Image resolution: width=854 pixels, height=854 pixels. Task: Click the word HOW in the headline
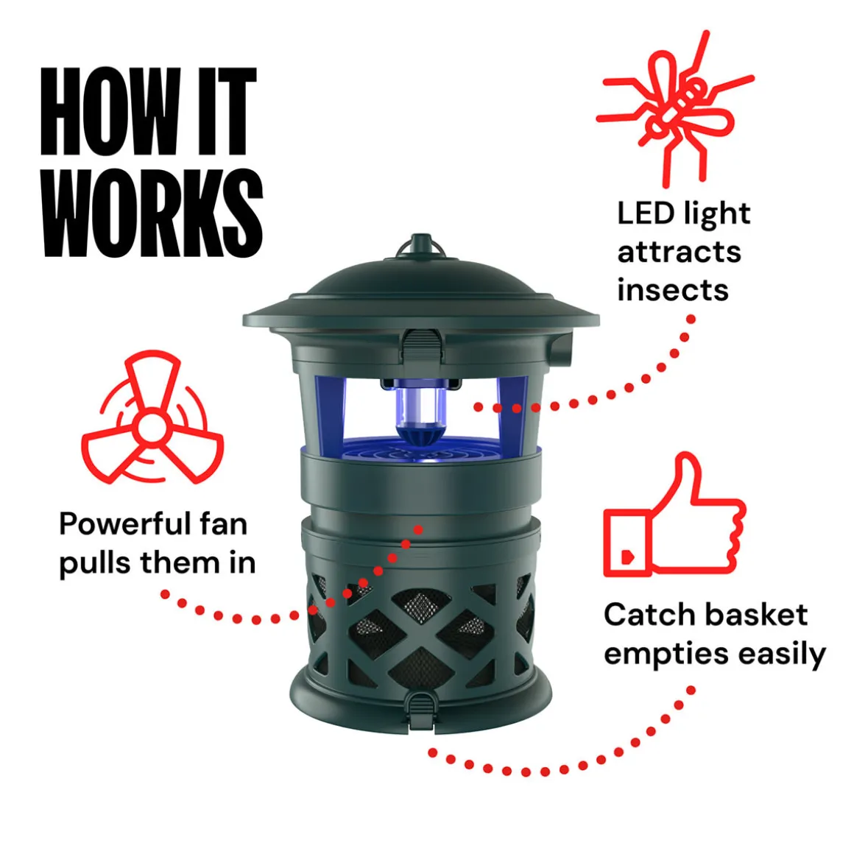coord(111,111)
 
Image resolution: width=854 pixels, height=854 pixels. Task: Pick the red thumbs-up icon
coord(674,514)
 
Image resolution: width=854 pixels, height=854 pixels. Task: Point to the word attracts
coord(680,253)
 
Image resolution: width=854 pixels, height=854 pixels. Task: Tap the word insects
coord(673,290)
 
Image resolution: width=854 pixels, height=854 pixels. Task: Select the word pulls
coord(95,564)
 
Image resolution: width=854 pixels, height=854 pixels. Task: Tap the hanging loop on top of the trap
coord(420,246)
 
